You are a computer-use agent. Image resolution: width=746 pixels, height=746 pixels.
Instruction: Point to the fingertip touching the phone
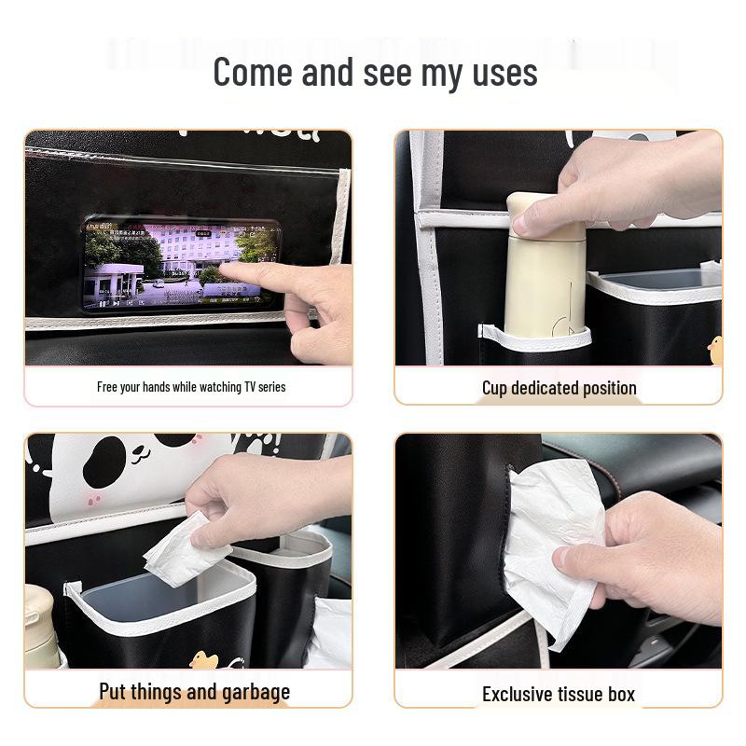coord(228,271)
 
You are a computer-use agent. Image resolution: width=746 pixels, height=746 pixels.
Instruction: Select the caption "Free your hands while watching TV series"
coord(191,387)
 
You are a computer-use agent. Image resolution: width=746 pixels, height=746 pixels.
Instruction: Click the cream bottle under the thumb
coord(545,280)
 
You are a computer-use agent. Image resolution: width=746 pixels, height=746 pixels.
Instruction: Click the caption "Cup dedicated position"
coord(559,388)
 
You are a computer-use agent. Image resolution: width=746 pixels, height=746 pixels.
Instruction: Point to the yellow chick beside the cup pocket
coord(715,351)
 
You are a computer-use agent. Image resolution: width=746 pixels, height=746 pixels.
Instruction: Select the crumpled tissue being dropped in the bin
coord(182,552)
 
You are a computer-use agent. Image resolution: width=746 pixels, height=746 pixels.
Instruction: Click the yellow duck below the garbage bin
coord(203,660)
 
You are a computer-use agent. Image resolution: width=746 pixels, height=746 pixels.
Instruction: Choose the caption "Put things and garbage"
coord(194,692)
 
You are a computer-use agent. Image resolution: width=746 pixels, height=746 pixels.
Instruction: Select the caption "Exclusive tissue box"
coord(558,694)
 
